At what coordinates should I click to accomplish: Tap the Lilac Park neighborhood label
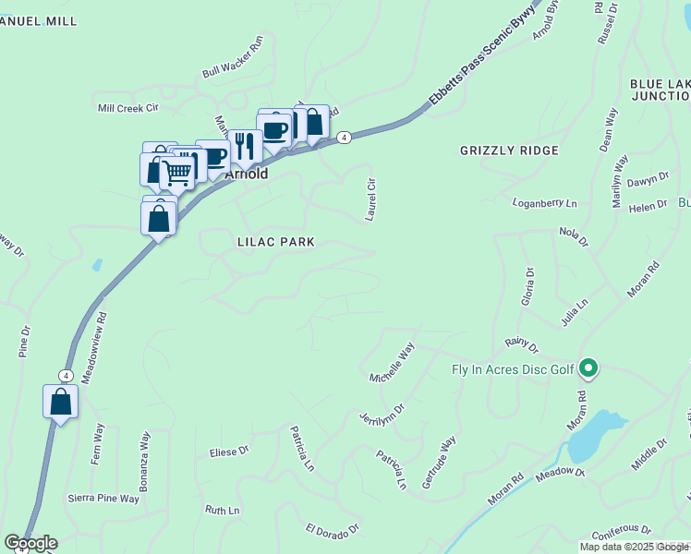pyautogui.click(x=274, y=242)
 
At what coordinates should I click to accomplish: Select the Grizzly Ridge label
pyautogui.click(x=509, y=151)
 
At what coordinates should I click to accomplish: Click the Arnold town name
pyautogui.click(x=247, y=174)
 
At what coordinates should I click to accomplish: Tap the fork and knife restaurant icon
pyautogui.click(x=245, y=145)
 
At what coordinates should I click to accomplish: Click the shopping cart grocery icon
pyautogui.click(x=176, y=172)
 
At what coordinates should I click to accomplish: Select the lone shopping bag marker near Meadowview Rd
pyautogui.click(x=60, y=402)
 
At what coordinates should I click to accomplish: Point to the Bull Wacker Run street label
pyautogui.click(x=233, y=69)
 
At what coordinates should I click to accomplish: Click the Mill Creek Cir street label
pyautogui.click(x=128, y=108)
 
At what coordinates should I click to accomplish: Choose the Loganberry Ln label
pyautogui.click(x=545, y=202)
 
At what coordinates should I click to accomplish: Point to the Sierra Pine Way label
pyautogui.click(x=103, y=499)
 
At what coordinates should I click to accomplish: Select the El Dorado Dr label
pyautogui.click(x=333, y=528)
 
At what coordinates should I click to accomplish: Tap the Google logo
pyautogui.click(x=30, y=543)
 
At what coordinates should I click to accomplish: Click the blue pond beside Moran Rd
pyautogui.click(x=596, y=436)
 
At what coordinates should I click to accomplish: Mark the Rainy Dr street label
pyautogui.click(x=521, y=344)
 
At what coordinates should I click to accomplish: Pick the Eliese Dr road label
pyautogui.click(x=229, y=452)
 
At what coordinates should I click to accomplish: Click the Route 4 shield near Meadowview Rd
pyautogui.click(x=66, y=375)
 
